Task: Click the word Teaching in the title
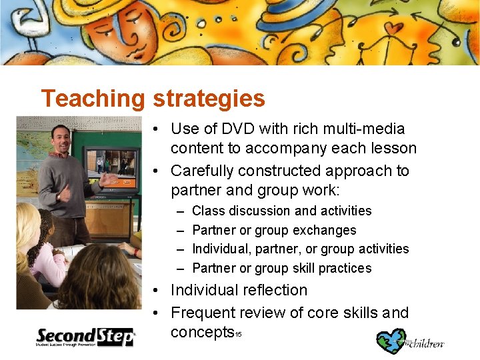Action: pos(92,99)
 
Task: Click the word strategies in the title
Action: pos(208,99)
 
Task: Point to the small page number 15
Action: pos(237,333)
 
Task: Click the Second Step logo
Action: pos(85,337)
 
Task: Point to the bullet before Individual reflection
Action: pos(155,291)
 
